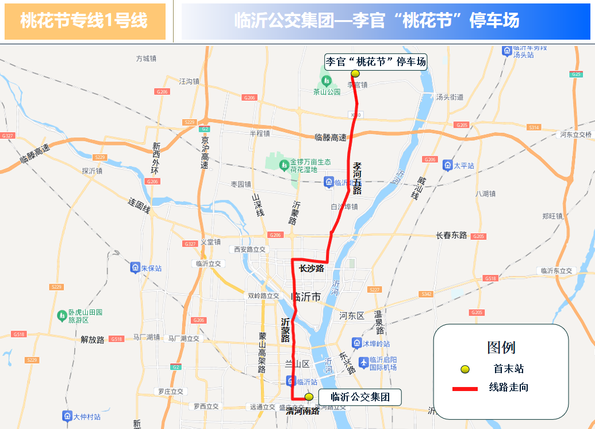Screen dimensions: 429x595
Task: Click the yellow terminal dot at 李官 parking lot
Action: [x=355, y=74]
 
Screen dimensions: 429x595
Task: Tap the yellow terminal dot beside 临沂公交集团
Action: [x=309, y=397]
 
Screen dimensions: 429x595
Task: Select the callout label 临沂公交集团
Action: [x=360, y=397]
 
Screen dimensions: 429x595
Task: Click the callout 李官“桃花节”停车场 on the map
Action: [x=376, y=62]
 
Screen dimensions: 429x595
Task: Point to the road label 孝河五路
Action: [x=357, y=178]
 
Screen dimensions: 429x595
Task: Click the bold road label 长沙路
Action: [x=311, y=269]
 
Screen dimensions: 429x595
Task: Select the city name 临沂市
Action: [x=306, y=297]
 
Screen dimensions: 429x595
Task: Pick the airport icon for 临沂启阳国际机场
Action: [x=363, y=363]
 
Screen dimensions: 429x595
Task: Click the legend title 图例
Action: [x=501, y=347]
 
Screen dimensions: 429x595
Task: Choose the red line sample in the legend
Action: [x=465, y=389]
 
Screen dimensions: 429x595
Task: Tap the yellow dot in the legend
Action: [x=465, y=369]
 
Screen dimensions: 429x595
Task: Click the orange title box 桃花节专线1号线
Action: [x=85, y=21]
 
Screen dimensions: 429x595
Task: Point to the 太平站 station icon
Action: [x=447, y=166]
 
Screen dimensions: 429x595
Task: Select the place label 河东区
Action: [x=352, y=316]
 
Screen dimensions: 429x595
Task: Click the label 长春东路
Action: [x=451, y=235]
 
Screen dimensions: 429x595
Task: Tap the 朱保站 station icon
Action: [x=135, y=268]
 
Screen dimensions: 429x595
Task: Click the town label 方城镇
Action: [x=146, y=59]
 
